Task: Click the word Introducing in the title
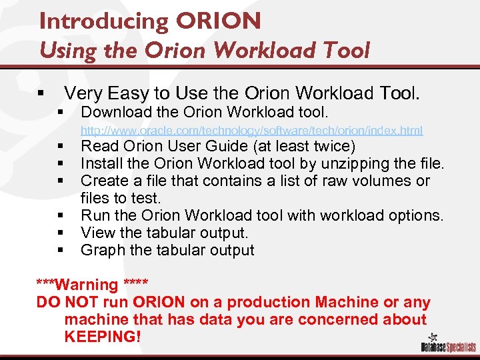click(x=104, y=21)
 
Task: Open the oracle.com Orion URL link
click(x=251, y=129)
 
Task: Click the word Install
click(x=100, y=163)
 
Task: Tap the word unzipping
click(x=351, y=163)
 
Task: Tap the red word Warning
click(x=87, y=285)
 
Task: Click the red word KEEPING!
click(x=103, y=337)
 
